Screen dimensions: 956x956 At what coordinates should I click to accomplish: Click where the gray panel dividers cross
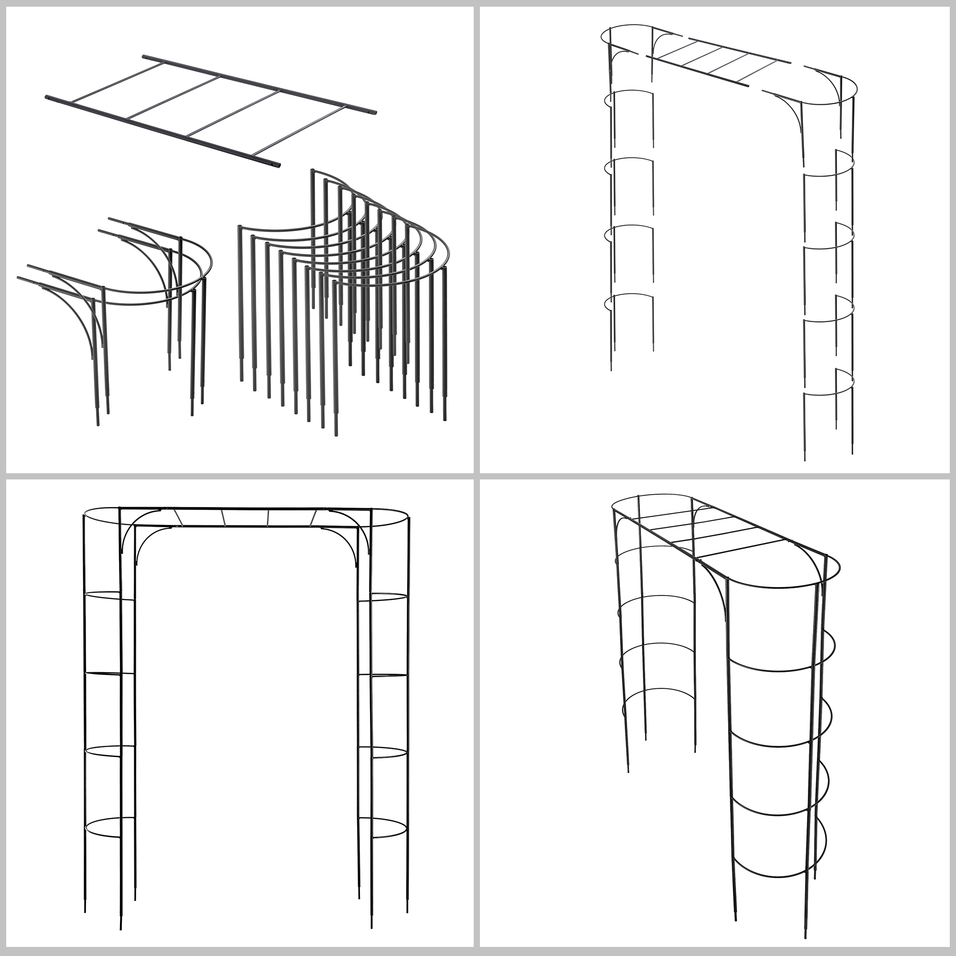click(x=477, y=477)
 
